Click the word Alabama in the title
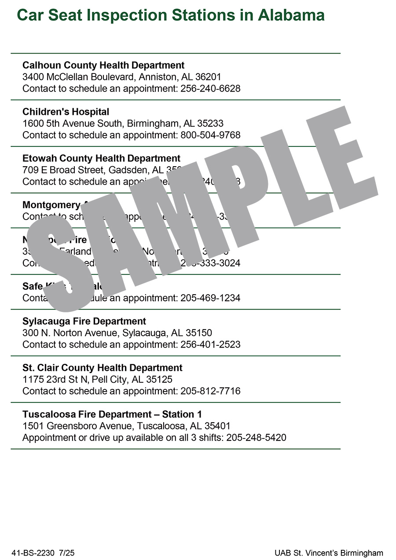tap(291, 15)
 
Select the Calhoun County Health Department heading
tap(103, 66)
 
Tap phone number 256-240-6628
tap(210, 88)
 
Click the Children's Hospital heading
tap(66, 112)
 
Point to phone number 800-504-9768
tap(210, 135)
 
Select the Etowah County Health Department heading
tap(101, 158)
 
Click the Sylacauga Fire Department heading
tap(84, 321)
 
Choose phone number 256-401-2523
tap(210, 344)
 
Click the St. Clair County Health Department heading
tap(102, 368)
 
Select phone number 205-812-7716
tap(210, 391)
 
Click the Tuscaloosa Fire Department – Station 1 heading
tap(112, 414)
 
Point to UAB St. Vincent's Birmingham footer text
tap(329, 553)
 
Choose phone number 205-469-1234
tap(210, 298)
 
